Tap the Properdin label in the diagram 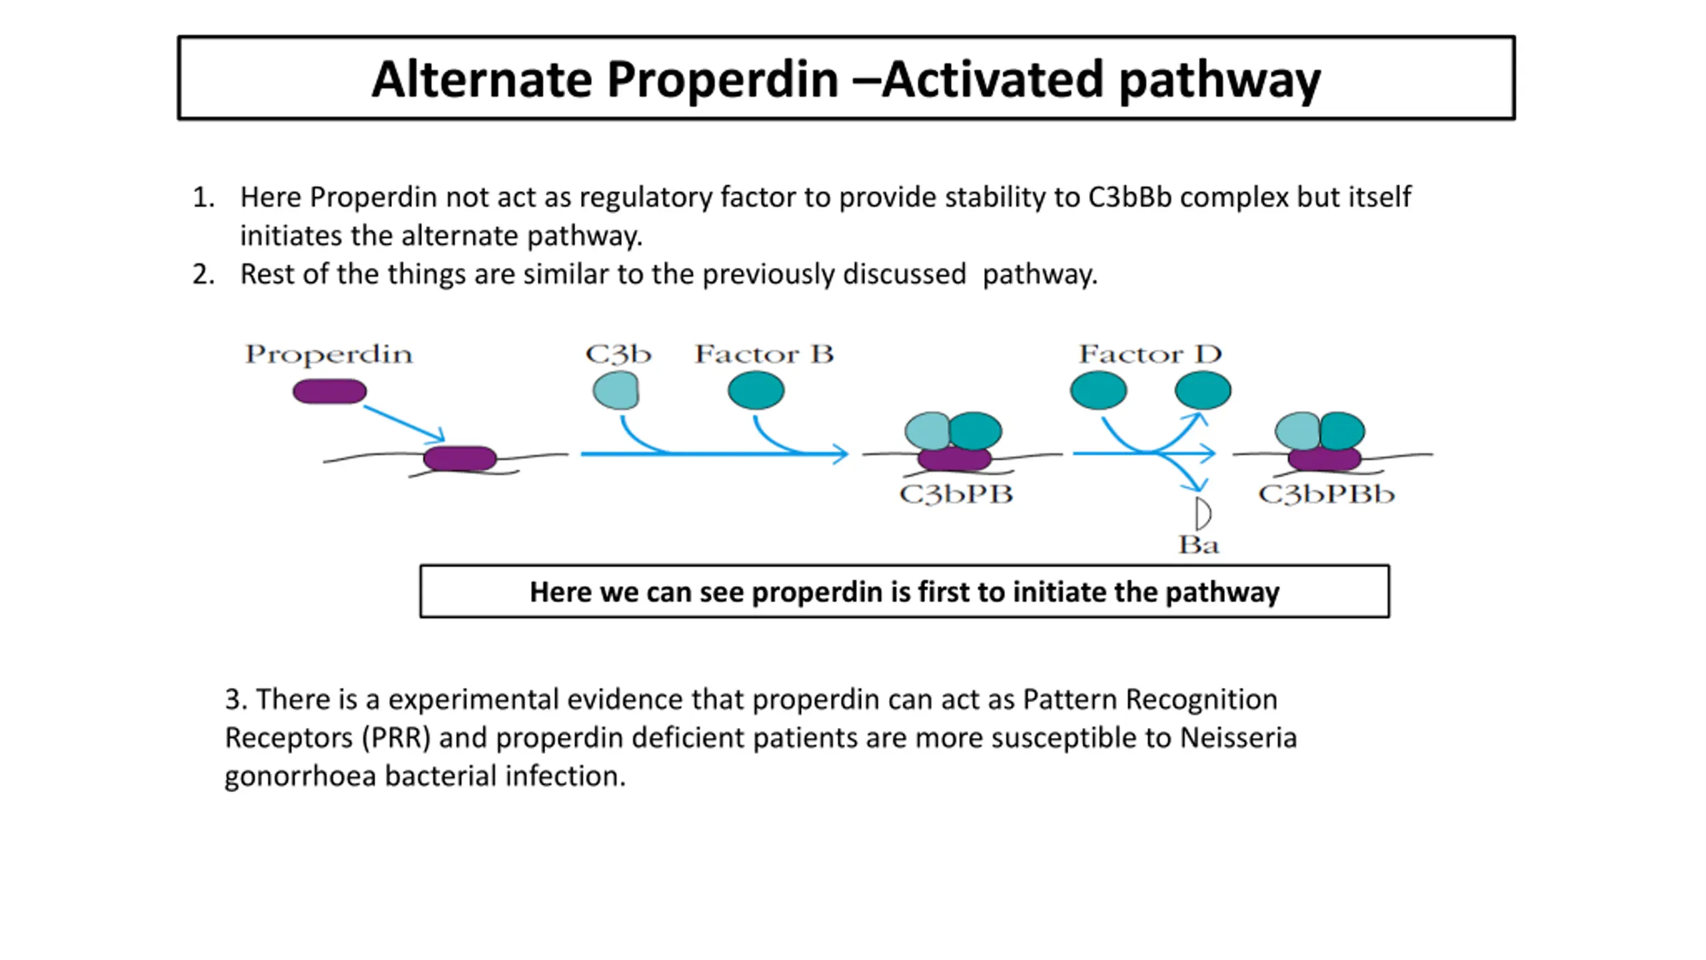tap(329, 355)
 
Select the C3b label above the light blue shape tap(618, 354)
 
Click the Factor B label tap(764, 354)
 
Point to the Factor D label tap(1150, 354)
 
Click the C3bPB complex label tap(956, 495)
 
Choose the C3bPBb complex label tap(1326, 495)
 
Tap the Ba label tap(1198, 545)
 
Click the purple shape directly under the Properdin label tap(329, 391)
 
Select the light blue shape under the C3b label tap(616, 390)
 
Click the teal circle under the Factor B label tap(756, 390)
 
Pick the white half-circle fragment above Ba tap(1203, 514)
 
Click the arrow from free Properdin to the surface tap(404, 423)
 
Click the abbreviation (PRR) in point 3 tap(397, 738)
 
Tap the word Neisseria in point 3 tap(1239, 738)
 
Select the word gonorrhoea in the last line tap(301, 777)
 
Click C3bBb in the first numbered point tap(1130, 197)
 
